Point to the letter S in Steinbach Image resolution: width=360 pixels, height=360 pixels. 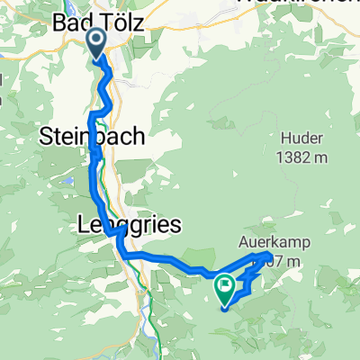coord(48,137)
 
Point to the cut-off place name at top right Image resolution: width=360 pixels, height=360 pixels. coord(297,4)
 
